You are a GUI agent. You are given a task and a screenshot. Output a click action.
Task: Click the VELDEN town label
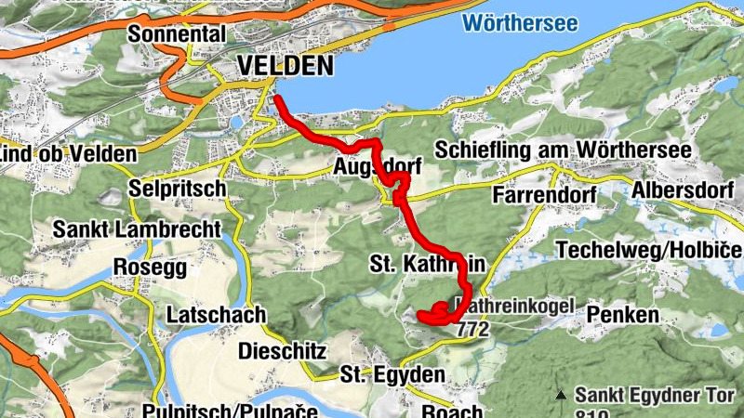pyautogui.click(x=285, y=66)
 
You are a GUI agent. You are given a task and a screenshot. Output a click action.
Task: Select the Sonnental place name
pyautogui.click(x=179, y=34)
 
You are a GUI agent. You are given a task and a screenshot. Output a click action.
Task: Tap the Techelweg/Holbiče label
pyautogui.click(x=648, y=251)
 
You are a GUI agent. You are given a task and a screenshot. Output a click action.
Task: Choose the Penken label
pyautogui.click(x=622, y=315)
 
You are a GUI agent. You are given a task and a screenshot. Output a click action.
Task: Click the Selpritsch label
pyautogui.click(x=179, y=189)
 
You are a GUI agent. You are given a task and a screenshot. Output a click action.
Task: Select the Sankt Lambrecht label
pyautogui.click(x=138, y=229)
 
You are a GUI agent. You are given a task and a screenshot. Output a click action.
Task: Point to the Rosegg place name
pyautogui.click(x=149, y=268)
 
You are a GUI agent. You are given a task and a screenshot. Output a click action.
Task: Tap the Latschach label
pyautogui.click(x=216, y=316)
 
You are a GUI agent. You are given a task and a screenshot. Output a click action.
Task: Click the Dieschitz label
pyautogui.click(x=282, y=351)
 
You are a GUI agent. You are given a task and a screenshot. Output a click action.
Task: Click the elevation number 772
pyautogui.click(x=472, y=329)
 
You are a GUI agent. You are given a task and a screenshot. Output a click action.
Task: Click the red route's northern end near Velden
pyautogui.click(x=276, y=97)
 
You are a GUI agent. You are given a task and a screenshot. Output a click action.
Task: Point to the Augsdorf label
pyautogui.click(x=378, y=167)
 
